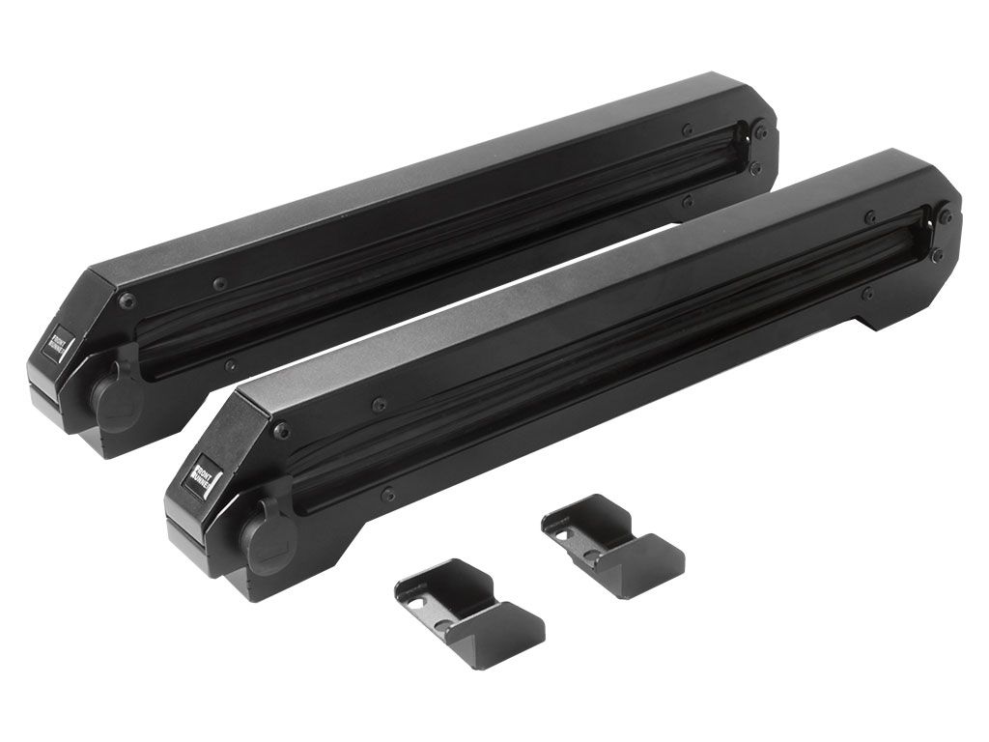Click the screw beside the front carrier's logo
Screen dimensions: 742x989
click(x=281, y=430)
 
